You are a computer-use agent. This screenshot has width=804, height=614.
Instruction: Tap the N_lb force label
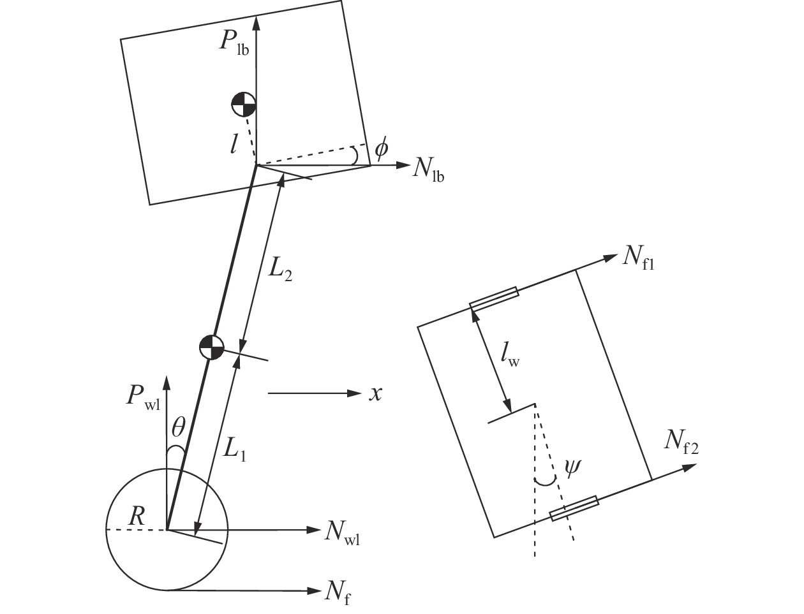click(428, 170)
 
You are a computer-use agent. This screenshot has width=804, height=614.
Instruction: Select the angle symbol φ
click(381, 149)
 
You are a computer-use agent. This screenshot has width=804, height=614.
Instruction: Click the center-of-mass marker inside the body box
click(243, 105)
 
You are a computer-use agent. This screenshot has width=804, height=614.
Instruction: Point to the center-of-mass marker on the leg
click(211, 347)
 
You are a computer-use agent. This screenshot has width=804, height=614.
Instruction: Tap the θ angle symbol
click(178, 427)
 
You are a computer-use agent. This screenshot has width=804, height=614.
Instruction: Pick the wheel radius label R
click(137, 516)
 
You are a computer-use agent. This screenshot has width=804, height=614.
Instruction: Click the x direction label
click(375, 394)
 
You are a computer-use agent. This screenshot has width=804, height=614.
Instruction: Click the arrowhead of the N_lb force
click(403, 165)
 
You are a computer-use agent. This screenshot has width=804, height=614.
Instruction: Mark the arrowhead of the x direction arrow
click(355, 393)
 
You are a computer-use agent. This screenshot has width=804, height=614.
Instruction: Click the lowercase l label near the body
click(233, 143)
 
